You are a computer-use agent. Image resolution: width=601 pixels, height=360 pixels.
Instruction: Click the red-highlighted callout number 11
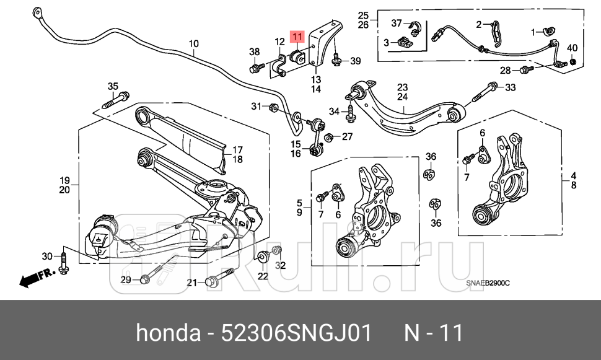click(x=297, y=38)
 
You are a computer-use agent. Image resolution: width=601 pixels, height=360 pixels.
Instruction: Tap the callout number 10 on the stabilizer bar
click(x=194, y=43)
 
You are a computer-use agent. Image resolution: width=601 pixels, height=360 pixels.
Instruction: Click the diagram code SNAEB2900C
click(x=488, y=284)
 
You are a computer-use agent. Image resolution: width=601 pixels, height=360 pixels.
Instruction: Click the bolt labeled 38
click(x=255, y=66)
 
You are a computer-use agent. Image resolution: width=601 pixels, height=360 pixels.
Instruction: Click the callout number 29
click(x=125, y=281)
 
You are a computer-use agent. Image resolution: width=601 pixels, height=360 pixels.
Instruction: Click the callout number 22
click(x=263, y=276)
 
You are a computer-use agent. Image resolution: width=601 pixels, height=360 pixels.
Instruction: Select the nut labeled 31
click(x=273, y=108)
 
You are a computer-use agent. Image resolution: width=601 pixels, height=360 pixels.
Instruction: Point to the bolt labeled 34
click(x=350, y=113)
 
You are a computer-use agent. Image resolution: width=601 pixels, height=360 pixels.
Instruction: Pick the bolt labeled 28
click(x=525, y=69)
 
